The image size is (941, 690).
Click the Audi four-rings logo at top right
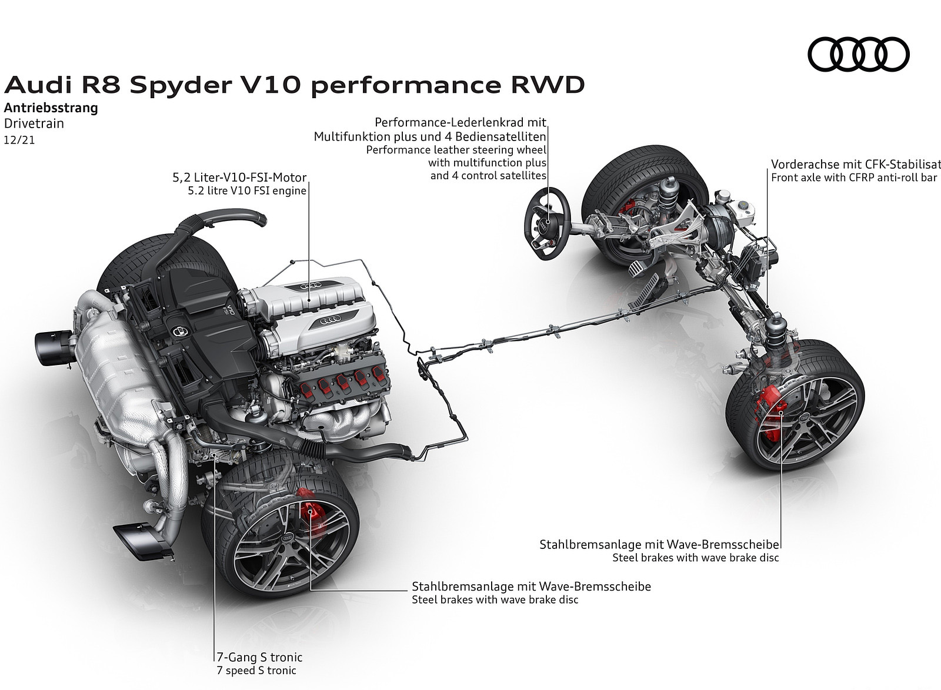(x=858, y=54)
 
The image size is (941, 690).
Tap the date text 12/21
(x=19, y=141)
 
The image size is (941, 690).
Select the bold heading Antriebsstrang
(x=51, y=108)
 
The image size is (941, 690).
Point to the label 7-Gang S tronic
(x=259, y=657)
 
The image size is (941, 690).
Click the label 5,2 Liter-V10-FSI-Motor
(x=239, y=177)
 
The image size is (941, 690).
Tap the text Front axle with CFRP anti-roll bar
(x=854, y=177)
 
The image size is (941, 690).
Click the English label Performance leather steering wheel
(x=456, y=149)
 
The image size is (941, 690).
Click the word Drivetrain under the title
(x=34, y=123)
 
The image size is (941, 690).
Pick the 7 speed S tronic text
(x=256, y=671)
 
